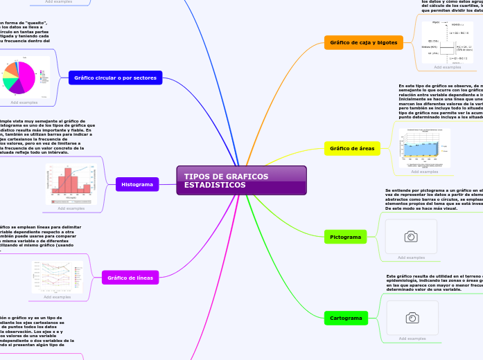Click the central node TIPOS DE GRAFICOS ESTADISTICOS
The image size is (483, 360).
[240, 181]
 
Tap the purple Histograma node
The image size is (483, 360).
[137, 184]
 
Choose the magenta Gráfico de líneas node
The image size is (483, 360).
[130, 278]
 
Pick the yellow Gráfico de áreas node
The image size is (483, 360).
[353, 147]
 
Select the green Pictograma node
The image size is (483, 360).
[346, 237]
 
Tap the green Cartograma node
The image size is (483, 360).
[346, 318]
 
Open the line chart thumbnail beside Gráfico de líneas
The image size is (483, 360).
[57, 276]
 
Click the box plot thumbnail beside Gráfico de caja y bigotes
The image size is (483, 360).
[448, 42]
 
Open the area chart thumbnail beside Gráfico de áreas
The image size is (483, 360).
[425, 147]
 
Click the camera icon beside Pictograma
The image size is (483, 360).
[411, 237]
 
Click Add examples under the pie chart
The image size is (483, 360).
[24, 102]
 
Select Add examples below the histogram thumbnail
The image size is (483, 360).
[71, 208]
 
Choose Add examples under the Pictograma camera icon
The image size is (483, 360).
[411, 258]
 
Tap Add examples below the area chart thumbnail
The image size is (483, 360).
[425, 172]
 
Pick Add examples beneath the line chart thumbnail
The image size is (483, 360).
[57, 297]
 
